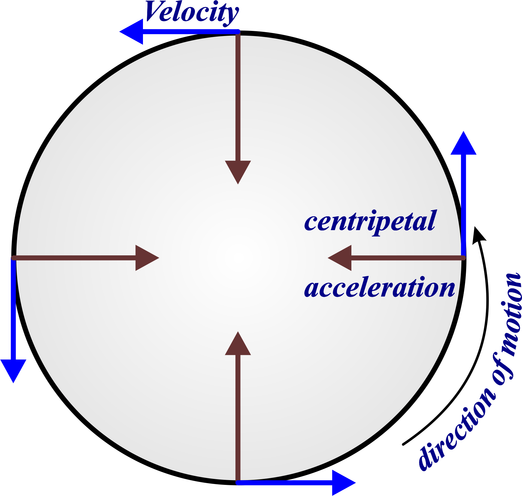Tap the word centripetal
pos(370,221)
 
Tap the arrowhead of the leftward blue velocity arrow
pos(132,32)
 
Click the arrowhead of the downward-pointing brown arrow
pos(238,171)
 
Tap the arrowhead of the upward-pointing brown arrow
pos(238,344)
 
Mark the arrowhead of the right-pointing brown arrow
pos(146,258)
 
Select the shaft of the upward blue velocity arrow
pos(464,204)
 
